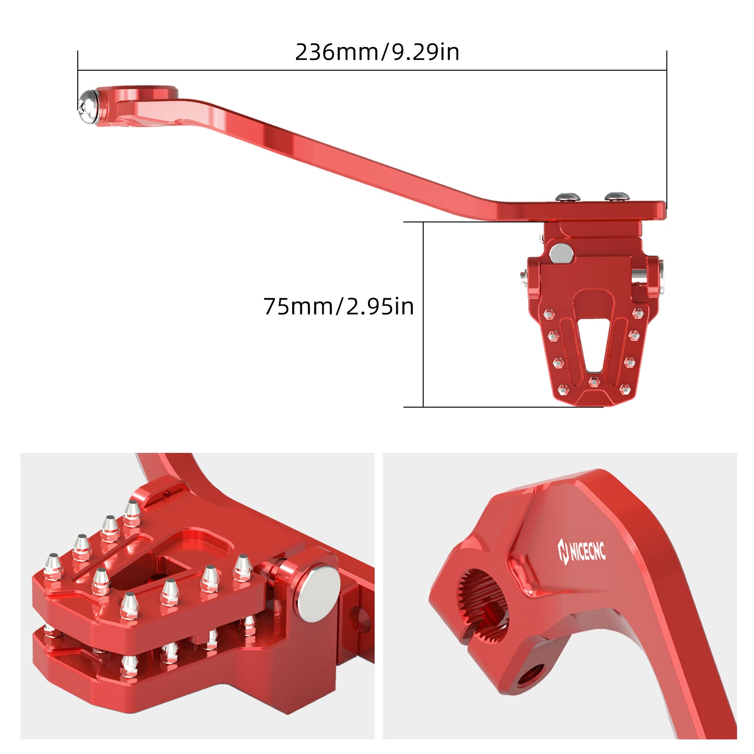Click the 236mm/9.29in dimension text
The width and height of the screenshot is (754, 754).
[377, 52]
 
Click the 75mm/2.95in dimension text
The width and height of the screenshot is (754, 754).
[338, 306]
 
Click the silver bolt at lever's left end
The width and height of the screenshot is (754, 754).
[88, 107]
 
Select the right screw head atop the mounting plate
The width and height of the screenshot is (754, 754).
[617, 197]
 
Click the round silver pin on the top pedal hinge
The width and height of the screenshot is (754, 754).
[561, 253]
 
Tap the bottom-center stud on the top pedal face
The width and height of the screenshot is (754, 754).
[594, 381]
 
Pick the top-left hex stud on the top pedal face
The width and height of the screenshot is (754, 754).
[549, 313]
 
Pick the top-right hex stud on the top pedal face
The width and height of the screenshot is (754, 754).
[637, 313]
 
